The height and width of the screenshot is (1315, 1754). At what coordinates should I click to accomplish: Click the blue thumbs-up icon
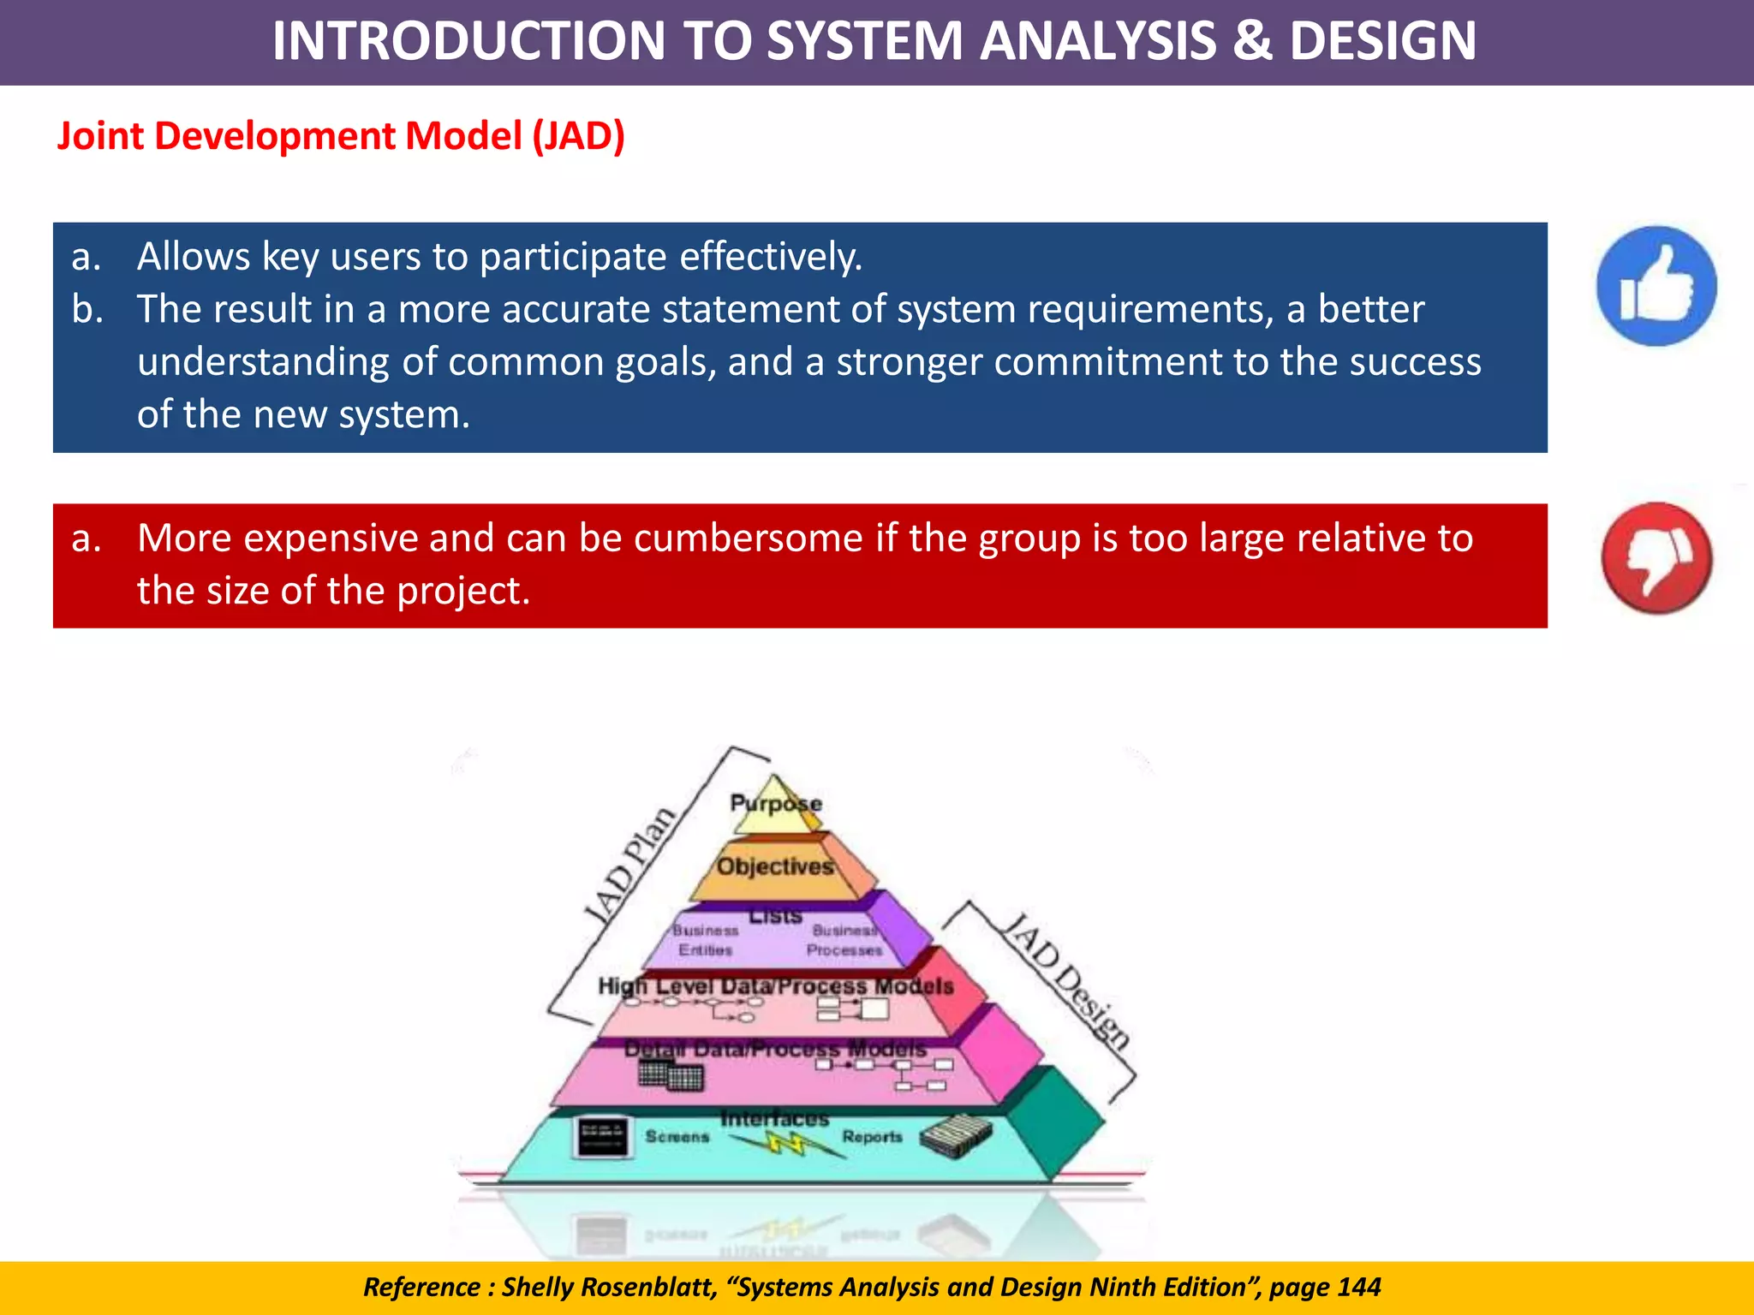click(x=1656, y=286)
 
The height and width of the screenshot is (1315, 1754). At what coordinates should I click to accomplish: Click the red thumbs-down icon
click(x=1656, y=558)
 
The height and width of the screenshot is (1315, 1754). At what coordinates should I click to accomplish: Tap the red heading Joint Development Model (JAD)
click(x=341, y=136)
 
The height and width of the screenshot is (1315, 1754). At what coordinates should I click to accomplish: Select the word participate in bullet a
click(x=572, y=257)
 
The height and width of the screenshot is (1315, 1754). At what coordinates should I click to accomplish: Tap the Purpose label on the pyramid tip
click(x=775, y=803)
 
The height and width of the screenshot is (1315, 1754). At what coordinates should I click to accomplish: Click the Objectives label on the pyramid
click(x=775, y=866)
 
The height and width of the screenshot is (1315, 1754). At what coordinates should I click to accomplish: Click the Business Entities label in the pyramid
click(x=705, y=940)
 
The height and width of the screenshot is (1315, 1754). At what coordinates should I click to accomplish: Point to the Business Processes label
click(x=844, y=940)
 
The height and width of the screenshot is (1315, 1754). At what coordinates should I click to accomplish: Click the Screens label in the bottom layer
click(x=677, y=1136)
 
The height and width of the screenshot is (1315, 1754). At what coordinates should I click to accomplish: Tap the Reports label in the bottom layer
click(x=872, y=1136)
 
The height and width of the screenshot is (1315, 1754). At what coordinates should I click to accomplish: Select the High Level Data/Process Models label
click(x=775, y=986)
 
